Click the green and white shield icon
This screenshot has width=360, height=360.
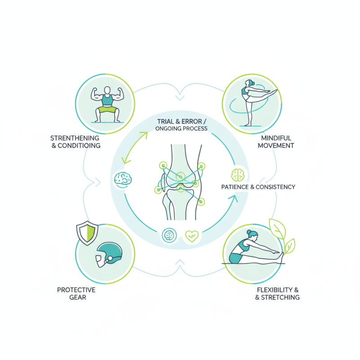tap(87, 233)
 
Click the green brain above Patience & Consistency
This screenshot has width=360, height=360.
tap(238, 175)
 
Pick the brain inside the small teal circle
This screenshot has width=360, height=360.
tap(169, 235)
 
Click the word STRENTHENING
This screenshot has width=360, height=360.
tap(75, 138)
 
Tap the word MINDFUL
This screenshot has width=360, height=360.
tap(276, 138)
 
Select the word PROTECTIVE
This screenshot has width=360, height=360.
tap(76, 290)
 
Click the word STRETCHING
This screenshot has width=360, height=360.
tap(280, 297)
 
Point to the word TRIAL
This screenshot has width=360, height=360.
tap(165, 121)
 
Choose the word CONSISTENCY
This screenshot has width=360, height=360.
tap(275, 187)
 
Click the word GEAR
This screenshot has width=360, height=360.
tap(77, 297)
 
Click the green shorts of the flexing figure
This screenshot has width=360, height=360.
tap(108, 109)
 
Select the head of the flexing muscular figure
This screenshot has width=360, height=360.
tap(107, 90)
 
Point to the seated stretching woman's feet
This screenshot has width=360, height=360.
tap(280, 257)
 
